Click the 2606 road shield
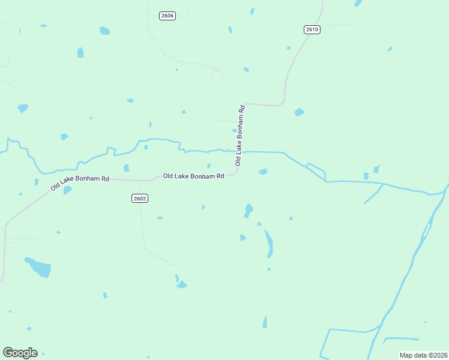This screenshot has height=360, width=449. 167,16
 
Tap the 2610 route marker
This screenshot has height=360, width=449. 312,29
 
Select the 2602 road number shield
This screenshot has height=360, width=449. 139,198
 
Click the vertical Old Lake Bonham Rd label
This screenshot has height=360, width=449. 240,136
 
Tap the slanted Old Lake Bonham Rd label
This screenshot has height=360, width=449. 80,183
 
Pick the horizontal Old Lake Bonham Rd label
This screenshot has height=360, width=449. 193,176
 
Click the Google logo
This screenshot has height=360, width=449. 20,353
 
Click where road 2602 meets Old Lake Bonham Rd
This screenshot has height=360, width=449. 140,179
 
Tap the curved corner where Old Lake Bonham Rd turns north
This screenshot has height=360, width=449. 238,173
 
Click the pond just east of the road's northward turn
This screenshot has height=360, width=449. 262,172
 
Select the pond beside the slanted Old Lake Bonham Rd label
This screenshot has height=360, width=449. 67,190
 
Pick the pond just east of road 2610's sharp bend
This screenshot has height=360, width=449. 299,112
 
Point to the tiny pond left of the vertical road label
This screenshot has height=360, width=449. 234,130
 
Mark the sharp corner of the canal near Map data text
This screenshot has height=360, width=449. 329,329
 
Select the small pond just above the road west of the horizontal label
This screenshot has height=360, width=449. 126,168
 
